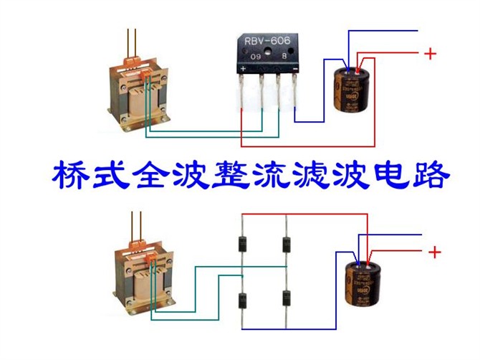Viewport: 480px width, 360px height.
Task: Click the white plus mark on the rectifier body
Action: coord(244,69)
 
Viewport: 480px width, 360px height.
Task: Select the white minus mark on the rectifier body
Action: coord(295,69)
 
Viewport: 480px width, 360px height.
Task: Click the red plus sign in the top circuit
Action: coord(430,53)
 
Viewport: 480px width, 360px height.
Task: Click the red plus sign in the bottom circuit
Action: coord(434,252)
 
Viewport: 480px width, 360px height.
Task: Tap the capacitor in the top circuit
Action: coord(350,89)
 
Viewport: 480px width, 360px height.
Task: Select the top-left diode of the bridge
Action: coord(243,245)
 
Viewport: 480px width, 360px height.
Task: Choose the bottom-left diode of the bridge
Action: coord(243,300)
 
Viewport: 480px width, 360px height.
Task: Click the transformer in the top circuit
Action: coord(140,93)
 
